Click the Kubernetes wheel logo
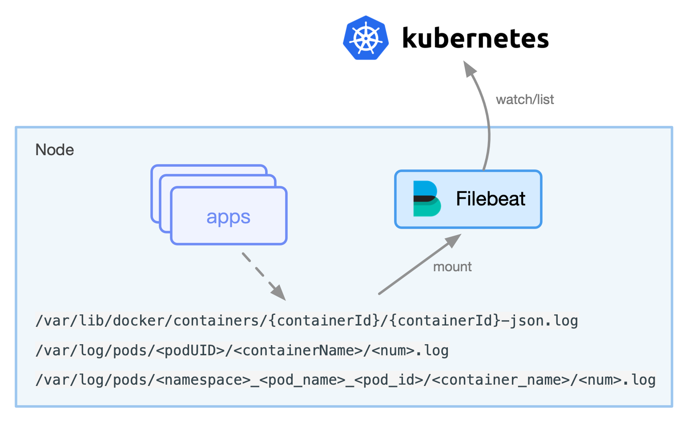coord(366,38)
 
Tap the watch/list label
coord(525,100)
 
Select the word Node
coord(55,150)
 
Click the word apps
coord(228,217)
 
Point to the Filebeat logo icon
coord(426,199)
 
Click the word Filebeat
coord(491,199)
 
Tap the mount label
coord(452,267)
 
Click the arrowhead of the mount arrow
coord(454,240)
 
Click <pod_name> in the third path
coord(302,380)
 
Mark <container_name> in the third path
coord(501,380)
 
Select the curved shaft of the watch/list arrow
coord(488,129)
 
